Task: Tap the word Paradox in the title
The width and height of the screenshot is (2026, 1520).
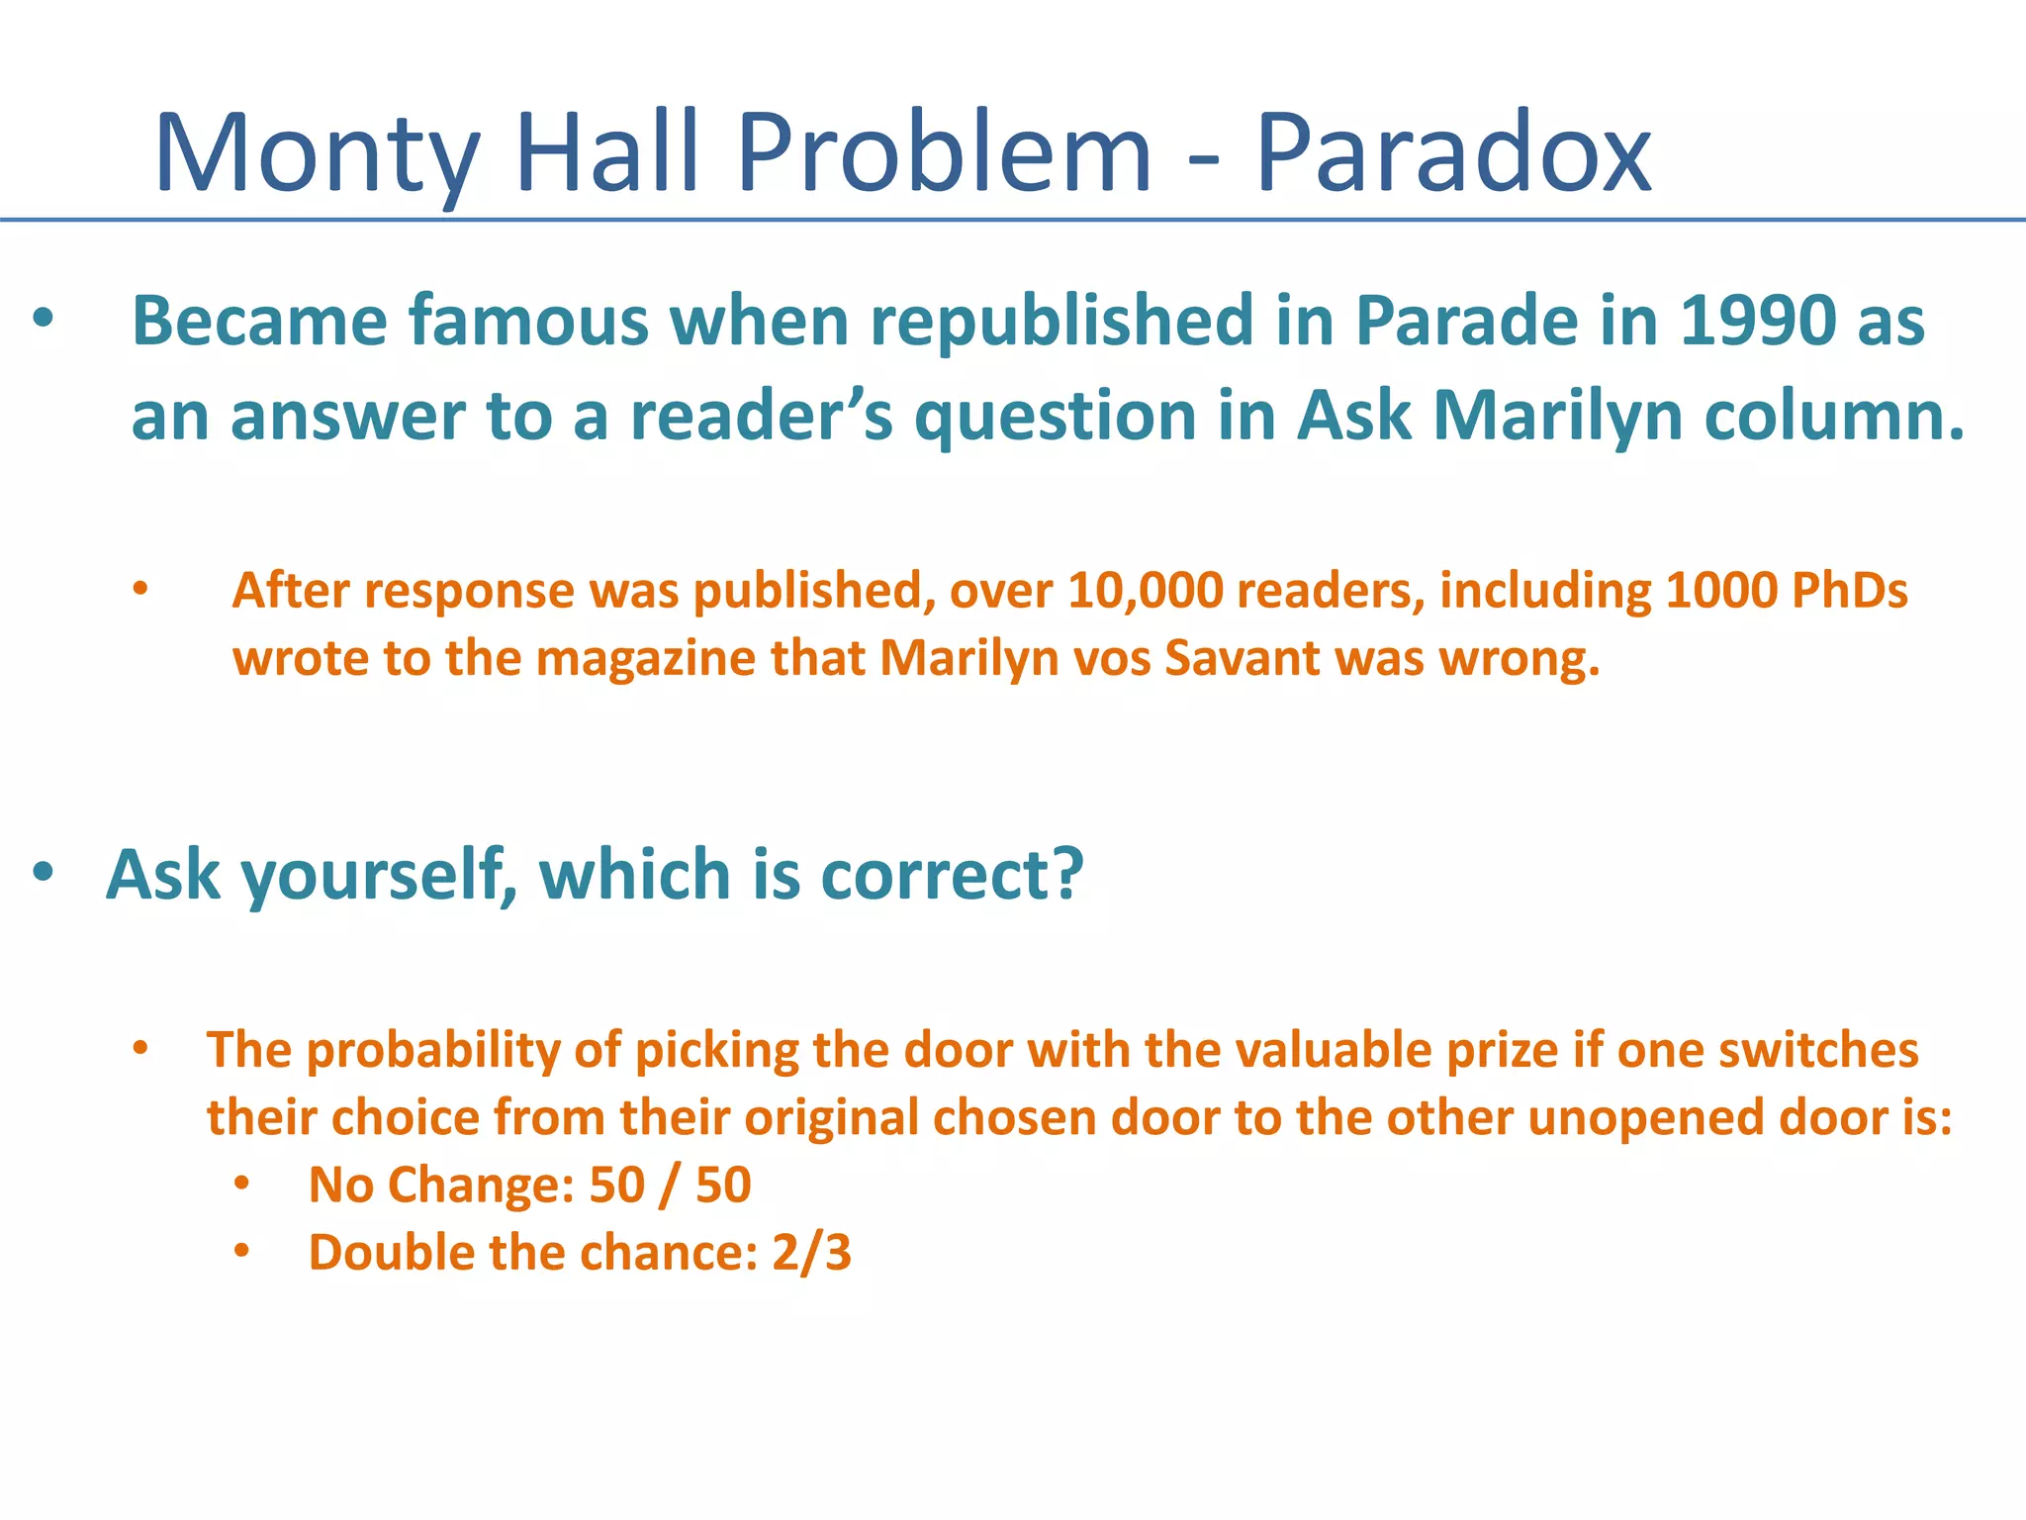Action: tap(1454, 153)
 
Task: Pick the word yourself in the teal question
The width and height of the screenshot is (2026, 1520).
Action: tap(379, 876)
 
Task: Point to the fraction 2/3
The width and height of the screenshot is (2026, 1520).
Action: tap(811, 1253)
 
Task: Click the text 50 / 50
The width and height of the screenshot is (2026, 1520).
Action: tap(670, 1186)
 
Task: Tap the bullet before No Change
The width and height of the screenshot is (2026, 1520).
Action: tap(242, 1185)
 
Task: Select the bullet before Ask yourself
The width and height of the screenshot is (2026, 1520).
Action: tap(43, 874)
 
